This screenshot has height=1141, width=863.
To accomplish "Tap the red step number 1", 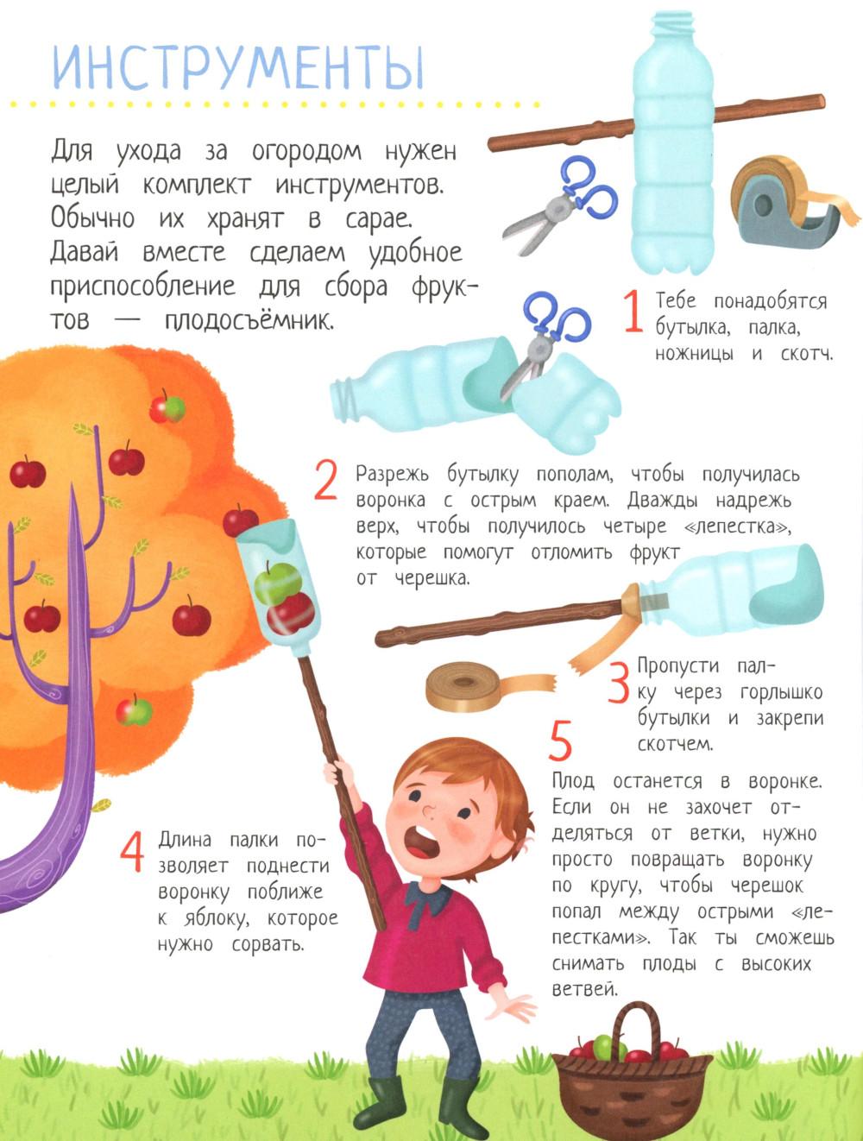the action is coord(633,312).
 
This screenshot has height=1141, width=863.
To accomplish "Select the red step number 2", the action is coord(325,482).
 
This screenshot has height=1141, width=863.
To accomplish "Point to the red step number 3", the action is coord(620,683).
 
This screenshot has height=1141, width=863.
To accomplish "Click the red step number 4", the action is coord(131,851).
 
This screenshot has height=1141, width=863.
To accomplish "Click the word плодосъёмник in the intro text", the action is coord(248,321).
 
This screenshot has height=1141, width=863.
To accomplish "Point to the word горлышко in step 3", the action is coord(782,693).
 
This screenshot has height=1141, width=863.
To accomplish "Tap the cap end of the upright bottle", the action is coord(672,24).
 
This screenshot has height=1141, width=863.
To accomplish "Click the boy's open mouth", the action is coord(422,843).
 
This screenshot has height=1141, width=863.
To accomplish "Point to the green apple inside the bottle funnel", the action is coord(278,583).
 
